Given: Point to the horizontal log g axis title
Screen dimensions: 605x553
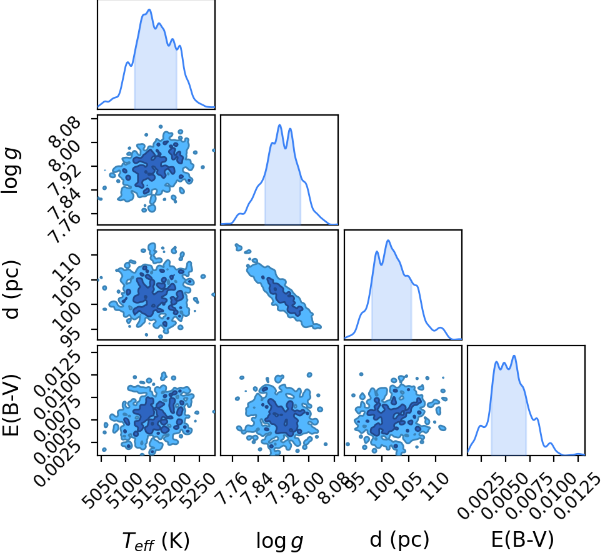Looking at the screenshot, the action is [x=280, y=541].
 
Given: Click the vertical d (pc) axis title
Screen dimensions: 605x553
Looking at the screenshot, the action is [x=12, y=290].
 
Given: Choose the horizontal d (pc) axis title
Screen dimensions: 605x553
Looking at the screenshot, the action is [x=400, y=540].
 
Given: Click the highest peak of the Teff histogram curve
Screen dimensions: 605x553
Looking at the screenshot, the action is [x=149, y=9].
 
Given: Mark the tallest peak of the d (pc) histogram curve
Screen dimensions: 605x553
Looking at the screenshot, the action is [x=388, y=241].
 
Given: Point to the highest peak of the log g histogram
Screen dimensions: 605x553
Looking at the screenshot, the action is [x=280, y=125].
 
